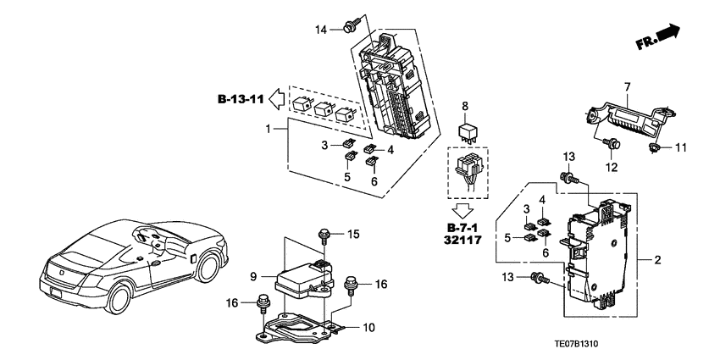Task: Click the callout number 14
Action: point(322,30)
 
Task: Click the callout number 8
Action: point(464,107)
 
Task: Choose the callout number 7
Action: point(628,86)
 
